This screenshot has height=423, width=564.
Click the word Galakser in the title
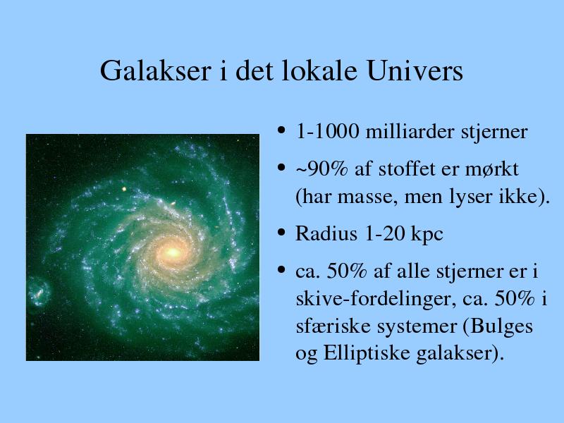point(155,70)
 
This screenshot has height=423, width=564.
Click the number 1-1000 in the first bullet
point(327,132)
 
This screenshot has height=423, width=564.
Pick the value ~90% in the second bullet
point(321,169)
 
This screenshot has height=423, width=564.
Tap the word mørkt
point(491,169)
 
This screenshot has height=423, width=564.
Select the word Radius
point(326,233)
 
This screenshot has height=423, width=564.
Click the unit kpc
point(427,235)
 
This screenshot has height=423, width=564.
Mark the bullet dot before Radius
point(281,233)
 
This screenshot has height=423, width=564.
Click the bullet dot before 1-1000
point(281,130)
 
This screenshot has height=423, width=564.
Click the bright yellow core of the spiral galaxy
point(173,252)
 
